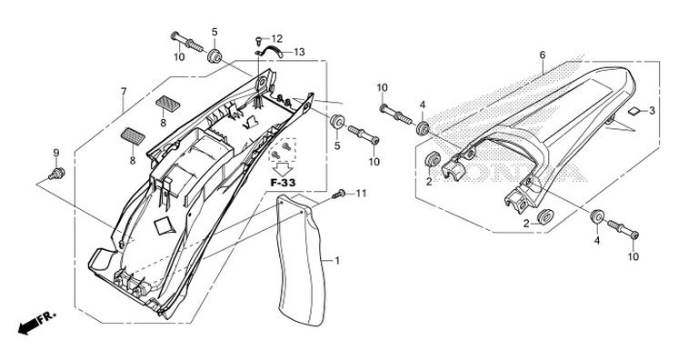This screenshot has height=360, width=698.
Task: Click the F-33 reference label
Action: tap(283, 182)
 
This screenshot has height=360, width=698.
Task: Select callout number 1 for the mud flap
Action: tap(337, 260)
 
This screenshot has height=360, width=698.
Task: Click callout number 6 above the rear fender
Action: tap(543, 55)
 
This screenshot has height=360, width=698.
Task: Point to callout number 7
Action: tap(124, 92)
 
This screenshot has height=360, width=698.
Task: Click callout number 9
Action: tap(56, 153)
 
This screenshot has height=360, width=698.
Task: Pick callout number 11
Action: tap(361, 194)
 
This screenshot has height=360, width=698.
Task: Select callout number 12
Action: tap(277, 39)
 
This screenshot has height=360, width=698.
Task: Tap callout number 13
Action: tap(299, 52)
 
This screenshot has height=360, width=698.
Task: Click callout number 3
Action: tap(652, 111)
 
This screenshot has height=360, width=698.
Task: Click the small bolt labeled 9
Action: tap(56, 174)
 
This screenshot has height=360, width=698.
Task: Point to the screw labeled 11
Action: tap(338, 194)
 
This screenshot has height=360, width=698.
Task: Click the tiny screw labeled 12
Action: tap(259, 41)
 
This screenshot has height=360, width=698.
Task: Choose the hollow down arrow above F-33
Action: tap(282, 169)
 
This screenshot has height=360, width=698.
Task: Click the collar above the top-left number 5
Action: tap(214, 56)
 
